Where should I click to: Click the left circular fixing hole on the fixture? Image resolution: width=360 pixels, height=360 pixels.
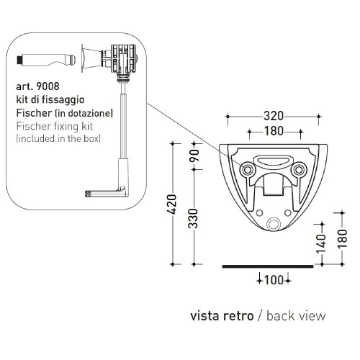click(247, 169)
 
